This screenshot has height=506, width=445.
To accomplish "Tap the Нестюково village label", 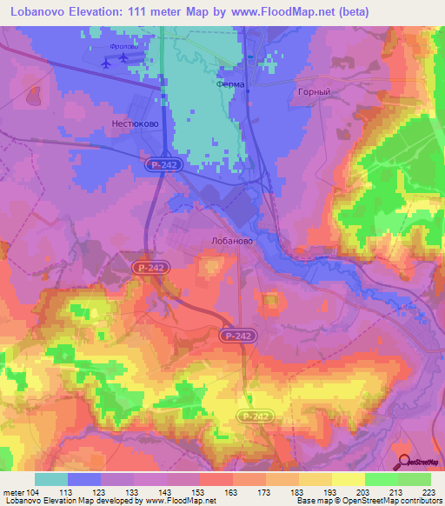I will [134, 124].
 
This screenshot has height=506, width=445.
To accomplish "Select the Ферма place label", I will [231, 86].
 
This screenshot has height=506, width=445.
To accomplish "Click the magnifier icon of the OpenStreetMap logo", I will [403, 461].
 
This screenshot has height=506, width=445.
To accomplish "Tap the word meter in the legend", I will [14, 491].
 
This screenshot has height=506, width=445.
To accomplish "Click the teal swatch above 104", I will [51, 479].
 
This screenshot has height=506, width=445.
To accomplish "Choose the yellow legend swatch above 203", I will [348, 479].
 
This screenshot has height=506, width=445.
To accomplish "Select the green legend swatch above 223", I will [415, 479].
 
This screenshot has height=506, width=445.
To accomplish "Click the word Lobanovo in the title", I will [34, 12].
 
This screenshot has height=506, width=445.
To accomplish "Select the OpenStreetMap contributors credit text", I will [390, 501].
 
